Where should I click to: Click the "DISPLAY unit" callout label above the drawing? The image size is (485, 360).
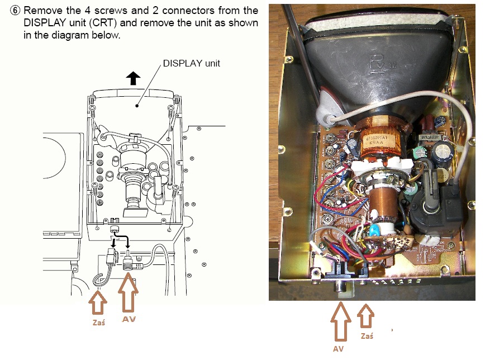[191, 63]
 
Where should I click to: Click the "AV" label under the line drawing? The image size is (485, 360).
[129, 319]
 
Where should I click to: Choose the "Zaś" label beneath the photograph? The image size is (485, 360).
[367, 335]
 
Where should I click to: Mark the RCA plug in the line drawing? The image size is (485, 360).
[130, 263]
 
